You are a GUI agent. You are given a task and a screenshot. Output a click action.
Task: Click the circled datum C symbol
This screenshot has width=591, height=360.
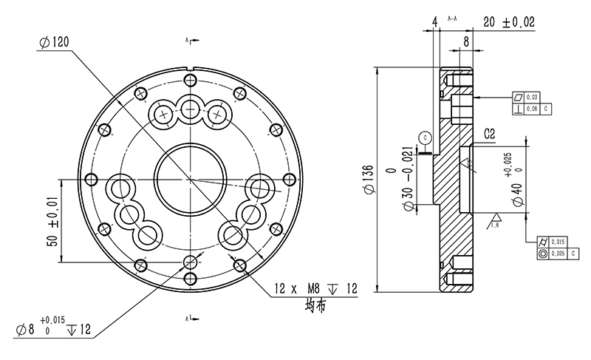point(423,137)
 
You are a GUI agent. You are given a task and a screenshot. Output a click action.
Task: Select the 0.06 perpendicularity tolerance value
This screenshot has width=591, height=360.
point(532,108)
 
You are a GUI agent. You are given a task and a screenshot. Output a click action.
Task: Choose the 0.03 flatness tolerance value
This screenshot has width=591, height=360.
point(532,97)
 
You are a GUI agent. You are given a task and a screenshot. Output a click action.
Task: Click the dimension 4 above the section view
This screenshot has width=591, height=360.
point(435,22)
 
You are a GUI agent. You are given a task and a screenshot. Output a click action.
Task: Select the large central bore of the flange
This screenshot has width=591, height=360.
point(190,180)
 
